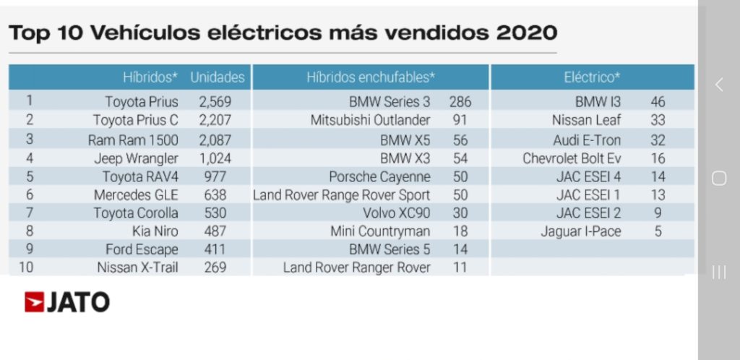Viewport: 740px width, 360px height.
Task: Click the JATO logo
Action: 67,302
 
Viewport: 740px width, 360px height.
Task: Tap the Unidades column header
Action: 217,77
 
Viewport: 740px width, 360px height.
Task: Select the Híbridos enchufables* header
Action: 371,77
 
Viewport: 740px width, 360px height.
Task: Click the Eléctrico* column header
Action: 592,77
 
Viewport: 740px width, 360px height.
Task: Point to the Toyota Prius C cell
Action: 135,120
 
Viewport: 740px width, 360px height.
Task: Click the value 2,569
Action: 214,102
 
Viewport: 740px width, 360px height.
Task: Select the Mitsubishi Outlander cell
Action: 370,120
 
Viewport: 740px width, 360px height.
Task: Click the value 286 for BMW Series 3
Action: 460,102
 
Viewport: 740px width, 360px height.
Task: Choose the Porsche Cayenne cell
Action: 379,177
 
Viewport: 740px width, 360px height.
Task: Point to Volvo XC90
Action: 396,213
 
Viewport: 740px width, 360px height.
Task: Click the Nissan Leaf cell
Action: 586,120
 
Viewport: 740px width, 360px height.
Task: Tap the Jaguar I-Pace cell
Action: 580,232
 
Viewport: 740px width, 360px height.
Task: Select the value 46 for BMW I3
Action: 658,102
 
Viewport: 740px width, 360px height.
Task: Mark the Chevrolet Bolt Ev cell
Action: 572,158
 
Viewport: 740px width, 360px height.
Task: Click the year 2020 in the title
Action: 526,33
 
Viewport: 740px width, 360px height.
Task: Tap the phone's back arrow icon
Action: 718,85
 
